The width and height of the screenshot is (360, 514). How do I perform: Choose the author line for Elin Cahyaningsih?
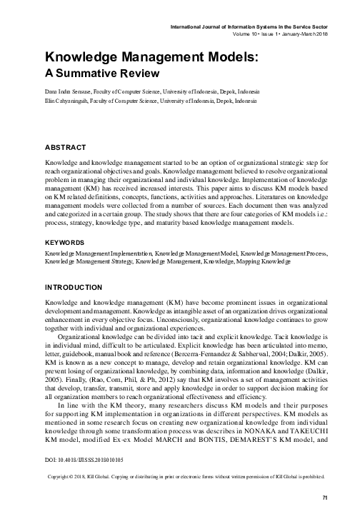(150, 102)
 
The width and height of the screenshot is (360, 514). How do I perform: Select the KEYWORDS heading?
(66, 243)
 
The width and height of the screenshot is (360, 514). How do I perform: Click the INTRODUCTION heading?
(74, 287)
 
